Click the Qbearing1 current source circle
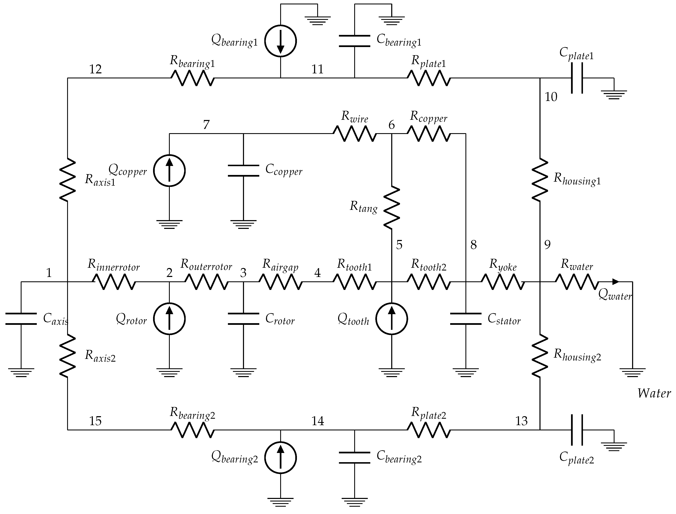tap(280, 41)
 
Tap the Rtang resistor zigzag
tap(391, 208)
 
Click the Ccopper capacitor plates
tap(243, 171)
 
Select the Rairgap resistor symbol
tap(280, 282)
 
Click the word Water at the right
tap(654, 393)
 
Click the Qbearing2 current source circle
tap(280, 458)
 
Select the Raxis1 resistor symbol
tap(67, 180)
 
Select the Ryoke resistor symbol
tap(503, 282)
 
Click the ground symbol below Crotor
tap(243, 373)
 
